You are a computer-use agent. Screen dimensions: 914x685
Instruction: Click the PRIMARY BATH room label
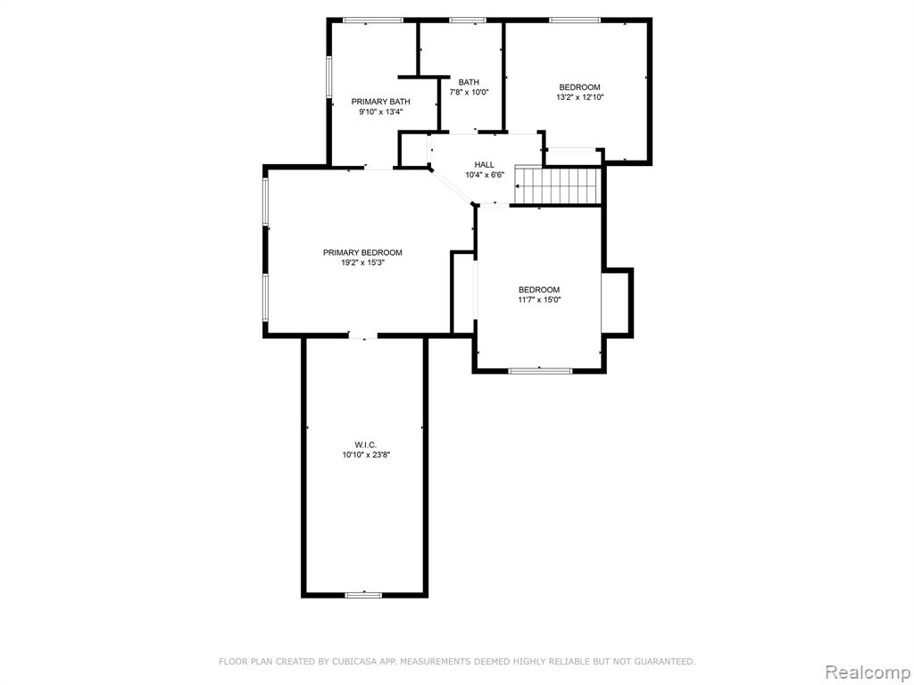380,102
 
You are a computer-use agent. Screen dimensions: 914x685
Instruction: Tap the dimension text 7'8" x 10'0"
469,92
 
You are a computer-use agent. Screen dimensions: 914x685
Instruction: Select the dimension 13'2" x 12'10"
579,97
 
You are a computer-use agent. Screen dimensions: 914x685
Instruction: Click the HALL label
484,165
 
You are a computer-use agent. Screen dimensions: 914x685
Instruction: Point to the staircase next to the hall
557,186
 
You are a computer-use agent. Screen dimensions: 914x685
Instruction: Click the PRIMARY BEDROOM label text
362,252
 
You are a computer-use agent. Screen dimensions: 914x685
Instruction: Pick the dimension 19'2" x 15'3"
362,263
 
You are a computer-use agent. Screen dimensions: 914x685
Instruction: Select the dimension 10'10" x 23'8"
366,455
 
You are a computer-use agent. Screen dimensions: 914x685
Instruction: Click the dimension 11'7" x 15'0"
539,300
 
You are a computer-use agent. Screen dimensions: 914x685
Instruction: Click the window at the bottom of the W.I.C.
364,595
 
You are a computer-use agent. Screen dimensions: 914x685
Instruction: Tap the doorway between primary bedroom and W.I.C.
363,335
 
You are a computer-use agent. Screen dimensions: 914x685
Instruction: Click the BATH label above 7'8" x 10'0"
469,82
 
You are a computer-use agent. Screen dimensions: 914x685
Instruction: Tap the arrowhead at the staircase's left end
518,186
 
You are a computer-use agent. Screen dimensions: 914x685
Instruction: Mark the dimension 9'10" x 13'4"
380,111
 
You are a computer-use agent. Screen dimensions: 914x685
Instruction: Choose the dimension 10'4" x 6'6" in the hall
484,175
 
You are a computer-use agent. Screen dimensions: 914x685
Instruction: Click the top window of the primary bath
373,21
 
